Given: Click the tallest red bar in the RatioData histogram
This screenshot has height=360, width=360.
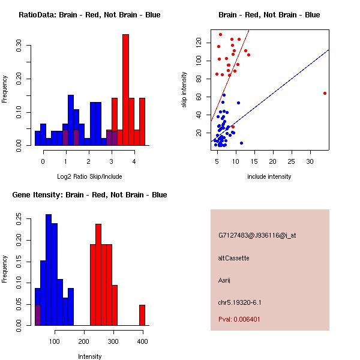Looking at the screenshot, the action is (125, 90).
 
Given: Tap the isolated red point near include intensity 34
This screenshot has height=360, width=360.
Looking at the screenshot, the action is (325, 93).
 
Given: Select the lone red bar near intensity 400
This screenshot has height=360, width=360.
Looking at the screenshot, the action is (142, 315).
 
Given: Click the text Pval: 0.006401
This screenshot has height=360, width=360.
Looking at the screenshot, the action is (239, 319).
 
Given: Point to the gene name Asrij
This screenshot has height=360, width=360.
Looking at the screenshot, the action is (224, 280).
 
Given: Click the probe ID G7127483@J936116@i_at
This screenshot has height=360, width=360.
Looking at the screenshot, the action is (257, 235).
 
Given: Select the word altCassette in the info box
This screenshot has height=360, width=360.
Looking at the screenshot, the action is (233, 258).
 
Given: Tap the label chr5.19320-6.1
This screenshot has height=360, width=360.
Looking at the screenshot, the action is (239, 302).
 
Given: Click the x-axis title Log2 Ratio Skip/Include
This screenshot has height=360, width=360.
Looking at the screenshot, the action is (89, 176).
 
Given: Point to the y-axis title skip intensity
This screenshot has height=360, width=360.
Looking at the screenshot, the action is (184, 89).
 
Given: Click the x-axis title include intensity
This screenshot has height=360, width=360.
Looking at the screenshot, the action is (269, 176).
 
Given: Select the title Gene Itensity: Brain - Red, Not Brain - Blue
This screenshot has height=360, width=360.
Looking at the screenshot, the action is (89, 194).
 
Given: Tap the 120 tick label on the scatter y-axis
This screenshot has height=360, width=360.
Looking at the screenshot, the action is (199, 43).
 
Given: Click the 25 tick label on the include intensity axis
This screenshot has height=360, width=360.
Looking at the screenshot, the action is (291, 161).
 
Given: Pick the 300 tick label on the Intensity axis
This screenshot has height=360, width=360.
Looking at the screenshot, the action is (113, 341).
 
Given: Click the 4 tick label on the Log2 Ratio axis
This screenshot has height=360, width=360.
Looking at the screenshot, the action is (134, 161).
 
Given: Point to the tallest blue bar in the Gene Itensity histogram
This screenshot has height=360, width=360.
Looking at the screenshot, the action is (49, 270).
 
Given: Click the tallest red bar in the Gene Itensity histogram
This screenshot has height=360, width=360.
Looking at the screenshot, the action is (98, 275).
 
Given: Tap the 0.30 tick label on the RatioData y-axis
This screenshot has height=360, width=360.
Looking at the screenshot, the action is (19, 45).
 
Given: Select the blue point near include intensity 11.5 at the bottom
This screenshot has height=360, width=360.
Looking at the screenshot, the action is (241, 143).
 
